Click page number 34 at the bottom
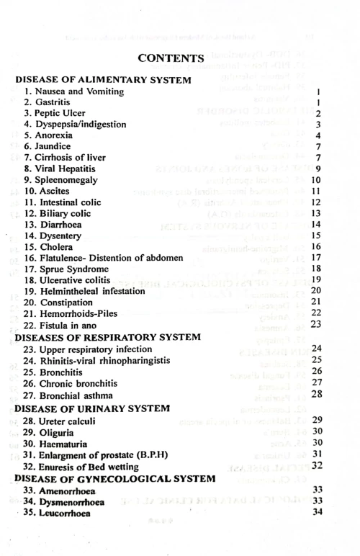[316, 512]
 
